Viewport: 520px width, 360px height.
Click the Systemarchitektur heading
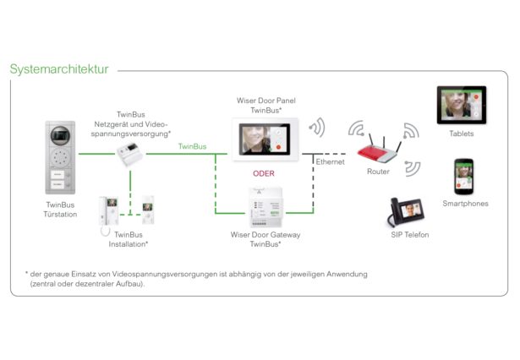click(59, 69)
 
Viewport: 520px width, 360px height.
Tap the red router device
click(379, 152)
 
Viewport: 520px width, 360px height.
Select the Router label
click(378, 172)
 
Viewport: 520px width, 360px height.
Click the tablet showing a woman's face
click(461, 106)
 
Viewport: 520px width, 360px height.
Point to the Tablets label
click(462, 134)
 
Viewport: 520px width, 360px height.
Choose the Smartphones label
click(465, 204)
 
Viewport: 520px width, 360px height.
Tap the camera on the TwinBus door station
click(59, 135)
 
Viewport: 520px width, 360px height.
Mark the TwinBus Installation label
click(129, 239)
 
